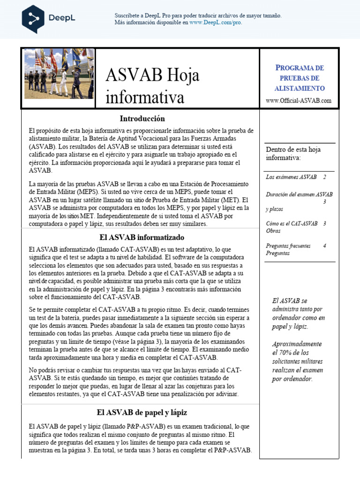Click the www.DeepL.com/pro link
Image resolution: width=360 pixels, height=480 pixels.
coord(216,22)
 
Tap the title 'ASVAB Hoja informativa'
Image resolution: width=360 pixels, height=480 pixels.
coord(152,86)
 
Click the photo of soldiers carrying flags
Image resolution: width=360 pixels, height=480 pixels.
coord(59,74)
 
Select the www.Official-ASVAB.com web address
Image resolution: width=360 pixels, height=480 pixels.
coord(299,100)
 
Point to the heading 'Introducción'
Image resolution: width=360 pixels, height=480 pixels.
coord(142,119)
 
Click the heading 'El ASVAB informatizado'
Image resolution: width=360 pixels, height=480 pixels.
coord(142,239)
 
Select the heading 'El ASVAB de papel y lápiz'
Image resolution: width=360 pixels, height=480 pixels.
coord(142,412)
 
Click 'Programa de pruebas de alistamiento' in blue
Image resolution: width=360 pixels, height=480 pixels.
coord(299,78)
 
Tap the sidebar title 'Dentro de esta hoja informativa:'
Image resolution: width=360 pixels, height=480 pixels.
coord(293,154)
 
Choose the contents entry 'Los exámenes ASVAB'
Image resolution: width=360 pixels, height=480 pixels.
coord(291,177)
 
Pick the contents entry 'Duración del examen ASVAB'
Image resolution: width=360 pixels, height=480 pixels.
coord(299,194)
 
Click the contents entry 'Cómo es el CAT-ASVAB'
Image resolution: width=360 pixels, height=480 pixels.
coord(292,224)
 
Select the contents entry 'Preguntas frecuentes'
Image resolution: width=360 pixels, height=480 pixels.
coord(291,246)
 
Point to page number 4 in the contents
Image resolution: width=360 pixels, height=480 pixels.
coord(324,246)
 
